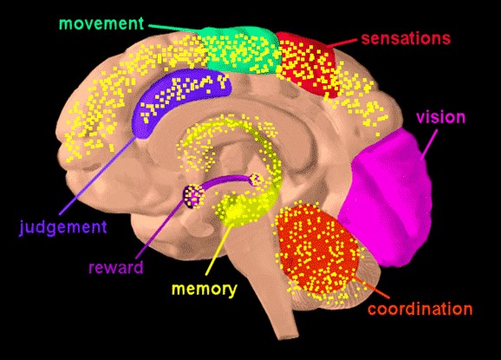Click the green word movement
tap(101, 23)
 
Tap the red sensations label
tap(406, 38)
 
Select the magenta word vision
tap(440, 117)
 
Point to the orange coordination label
tap(420, 309)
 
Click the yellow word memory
tap(205, 290)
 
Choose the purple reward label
tap(116, 267)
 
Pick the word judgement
tap(63, 227)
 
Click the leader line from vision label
tap(428, 143)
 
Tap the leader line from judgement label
tap(97, 176)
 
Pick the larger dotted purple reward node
tap(193, 196)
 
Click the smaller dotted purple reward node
tap(256, 180)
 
